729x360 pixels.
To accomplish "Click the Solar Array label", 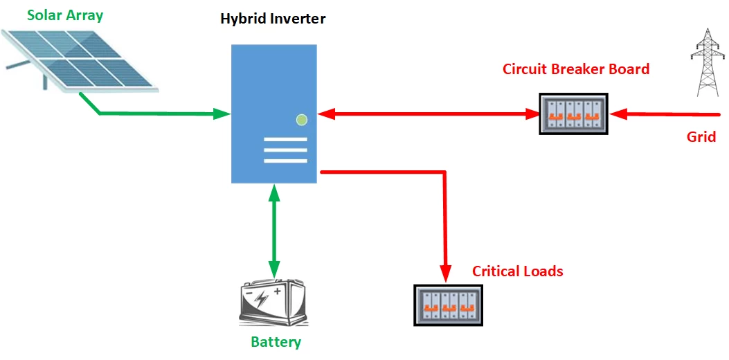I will click(x=65, y=15).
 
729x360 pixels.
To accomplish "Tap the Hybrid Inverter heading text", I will click(x=273, y=18).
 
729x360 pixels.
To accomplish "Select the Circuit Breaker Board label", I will click(x=576, y=69).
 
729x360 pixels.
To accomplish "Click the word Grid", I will click(x=701, y=137).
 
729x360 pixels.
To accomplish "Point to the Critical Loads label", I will click(x=517, y=271).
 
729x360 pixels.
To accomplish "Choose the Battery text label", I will click(x=276, y=342).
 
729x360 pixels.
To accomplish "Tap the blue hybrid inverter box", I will click(x=274, y=114).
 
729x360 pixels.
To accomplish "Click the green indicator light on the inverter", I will click(x=301, y=120).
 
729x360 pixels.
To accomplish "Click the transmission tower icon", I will click(x=705, y=62).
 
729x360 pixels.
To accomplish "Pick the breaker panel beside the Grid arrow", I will click(x=574, y=114).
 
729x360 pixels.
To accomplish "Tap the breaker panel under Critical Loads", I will click(x=448, y=305).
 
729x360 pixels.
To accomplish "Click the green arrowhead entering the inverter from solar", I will click(x=223, y=114).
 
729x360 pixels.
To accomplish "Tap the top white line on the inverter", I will click(x=285, y=138).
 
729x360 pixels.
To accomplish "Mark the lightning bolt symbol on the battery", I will click(x=262, y=299).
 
